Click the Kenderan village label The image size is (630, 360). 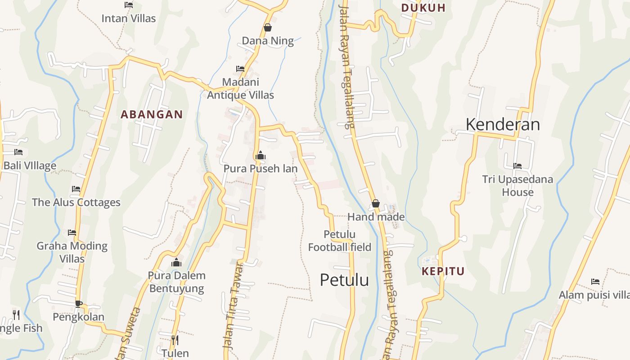pyautogui.click(x=503, y=124)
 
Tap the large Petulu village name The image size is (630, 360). pyautogui.click(x=344, y=280)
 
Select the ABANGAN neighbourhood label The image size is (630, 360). pyautogui.click(x=152, y=114)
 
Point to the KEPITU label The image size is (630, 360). pyautogui.click(x=443, y=271)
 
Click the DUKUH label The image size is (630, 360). pyautogui.click(x=423, y=8)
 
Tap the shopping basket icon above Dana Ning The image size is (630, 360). pyautogui.click(x=268, y=27)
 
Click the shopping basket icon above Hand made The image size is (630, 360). pyautogui.click(x=376, y=204)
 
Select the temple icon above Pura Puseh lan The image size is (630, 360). pyautogui.click(x=260, y=156)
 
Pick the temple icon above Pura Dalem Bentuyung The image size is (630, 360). pyautogui.click(x=176, y=262)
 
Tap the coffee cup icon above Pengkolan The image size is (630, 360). pyautogui.click(x=79, y=304)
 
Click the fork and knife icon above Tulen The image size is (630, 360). pyautogui.click(x=175, y=340)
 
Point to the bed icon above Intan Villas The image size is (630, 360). pyautogui.click(x=129, y=5)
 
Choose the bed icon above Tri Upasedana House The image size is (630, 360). pyautogui.click(x=517, y=166)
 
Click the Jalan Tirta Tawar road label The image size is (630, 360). pyautogui.click(x=234, y=306)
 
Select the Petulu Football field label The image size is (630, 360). pyautogui.click(x=340, y=241)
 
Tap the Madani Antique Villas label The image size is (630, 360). pyautogui.click(x=240, y=89)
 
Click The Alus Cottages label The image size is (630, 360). pyautogui.click(x=76, y=202)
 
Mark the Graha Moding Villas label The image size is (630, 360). pyautogui.click(x=72, y=252)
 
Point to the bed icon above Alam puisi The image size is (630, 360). pyautogui.click(x=595, y=282)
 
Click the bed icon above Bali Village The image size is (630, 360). pyautogui.click(x=18, y=152)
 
